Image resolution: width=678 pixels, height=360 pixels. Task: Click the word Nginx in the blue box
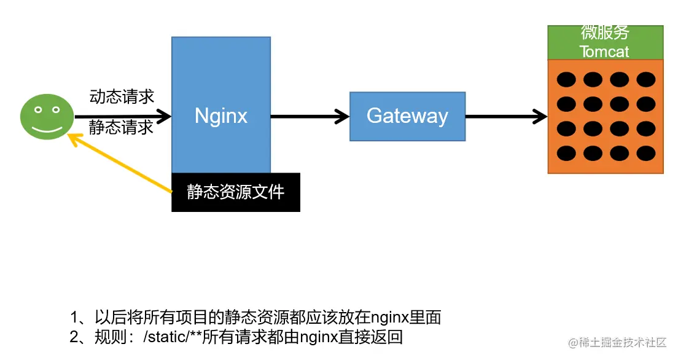pyautogui.click(x=220, y=115)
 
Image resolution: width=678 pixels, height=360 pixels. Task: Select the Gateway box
pyautogui.click(x=407, y=116)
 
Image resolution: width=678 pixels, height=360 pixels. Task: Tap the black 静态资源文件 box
pyautogui.click(x=236, y=192)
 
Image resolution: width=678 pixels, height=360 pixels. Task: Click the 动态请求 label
pyautogui.click(x=122, y=96)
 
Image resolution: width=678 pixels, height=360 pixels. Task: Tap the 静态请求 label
pyautogui.click(x=121, y=127)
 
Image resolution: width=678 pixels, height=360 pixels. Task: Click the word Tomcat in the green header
pyautogui.click(x=604, y=52)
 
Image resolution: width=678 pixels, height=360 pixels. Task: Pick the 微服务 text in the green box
pyautogui.click(x=605, y=33)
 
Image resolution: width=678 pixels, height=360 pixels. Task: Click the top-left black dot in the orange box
pyautogui.click(x=566, y=79)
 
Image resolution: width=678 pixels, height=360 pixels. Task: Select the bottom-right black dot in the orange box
pyautogui.click(x=645, y=152)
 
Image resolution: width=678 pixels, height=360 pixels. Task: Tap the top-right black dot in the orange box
pyautogui.click(x=645, y=79)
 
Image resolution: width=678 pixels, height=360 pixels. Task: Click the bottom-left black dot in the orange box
pyautogui.click(x=566, y=152)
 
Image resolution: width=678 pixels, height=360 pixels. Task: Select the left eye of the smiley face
pyautogui.click(x=38, y=110)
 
